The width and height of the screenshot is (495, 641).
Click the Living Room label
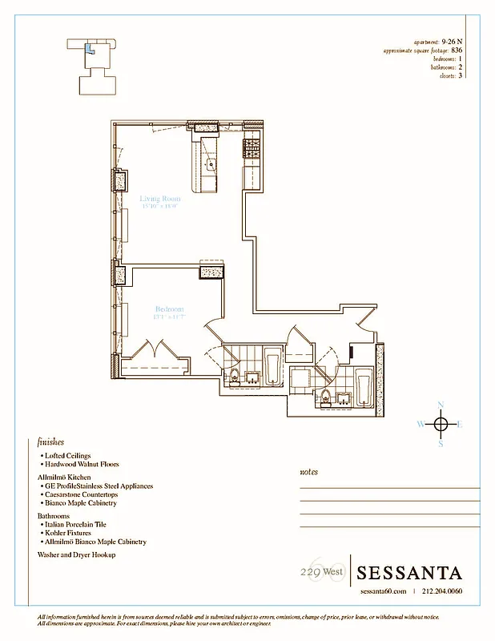click(x=159, y=198)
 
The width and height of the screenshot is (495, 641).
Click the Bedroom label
click(x=169, y=309)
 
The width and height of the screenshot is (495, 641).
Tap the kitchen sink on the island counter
click(x=211, y=166)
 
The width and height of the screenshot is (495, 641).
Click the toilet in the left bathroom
click(x=235, y=377)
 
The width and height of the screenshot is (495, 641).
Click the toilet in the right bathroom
click(x=327, y=394)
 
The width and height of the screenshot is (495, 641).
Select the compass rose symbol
click(x=441, y=424)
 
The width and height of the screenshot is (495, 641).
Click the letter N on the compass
click(x=441, y=405)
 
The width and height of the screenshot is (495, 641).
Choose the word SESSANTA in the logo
click(x=409, y=573)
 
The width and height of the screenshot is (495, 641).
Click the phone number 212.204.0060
click(x=442, y=592)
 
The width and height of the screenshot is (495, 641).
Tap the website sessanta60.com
click(x=384, y=592)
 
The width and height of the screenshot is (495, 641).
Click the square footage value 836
click(x=457, y=50)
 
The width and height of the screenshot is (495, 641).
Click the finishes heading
click(x=50, y=441)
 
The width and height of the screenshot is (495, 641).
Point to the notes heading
click(x=308, y=472)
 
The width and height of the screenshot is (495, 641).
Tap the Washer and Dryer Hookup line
click(x=77, y=554)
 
